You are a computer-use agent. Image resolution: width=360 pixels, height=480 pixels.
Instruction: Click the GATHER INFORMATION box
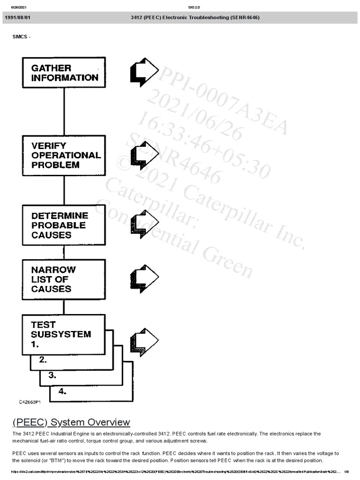[64, 73]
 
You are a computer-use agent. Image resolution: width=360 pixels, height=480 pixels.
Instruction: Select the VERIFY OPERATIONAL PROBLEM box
[64, 155]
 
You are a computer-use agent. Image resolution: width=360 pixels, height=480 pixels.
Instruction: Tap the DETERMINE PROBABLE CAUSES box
[64, 225]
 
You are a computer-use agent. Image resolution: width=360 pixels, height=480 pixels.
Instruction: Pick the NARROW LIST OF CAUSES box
[64, 279]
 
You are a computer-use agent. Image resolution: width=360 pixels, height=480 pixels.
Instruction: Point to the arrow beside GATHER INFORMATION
[144, 72]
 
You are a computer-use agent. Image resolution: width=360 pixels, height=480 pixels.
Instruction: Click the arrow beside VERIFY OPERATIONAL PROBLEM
[144, 155]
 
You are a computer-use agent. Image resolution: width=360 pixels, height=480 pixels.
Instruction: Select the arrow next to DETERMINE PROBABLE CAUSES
[144, 224]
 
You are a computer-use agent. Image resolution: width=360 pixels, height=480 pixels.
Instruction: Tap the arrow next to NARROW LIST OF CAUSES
[144, 279]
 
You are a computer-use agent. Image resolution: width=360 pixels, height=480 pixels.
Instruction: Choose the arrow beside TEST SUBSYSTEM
[144, 342]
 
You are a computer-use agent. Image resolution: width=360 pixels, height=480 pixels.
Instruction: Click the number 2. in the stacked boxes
[43, 360]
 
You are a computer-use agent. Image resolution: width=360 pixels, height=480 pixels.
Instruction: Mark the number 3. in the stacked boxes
[52, 375]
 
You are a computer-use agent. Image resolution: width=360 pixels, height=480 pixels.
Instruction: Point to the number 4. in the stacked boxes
[62, 391]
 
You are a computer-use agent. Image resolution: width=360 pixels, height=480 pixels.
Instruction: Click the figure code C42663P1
[30, 402]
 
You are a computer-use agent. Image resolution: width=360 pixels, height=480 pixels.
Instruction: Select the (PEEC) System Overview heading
[71, 422]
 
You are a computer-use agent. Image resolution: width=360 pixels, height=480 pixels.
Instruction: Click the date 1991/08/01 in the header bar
[17, 17]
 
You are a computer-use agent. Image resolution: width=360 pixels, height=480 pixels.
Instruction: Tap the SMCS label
[22, 37]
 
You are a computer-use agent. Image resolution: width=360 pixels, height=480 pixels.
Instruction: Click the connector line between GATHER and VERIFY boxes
[64, 112]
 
